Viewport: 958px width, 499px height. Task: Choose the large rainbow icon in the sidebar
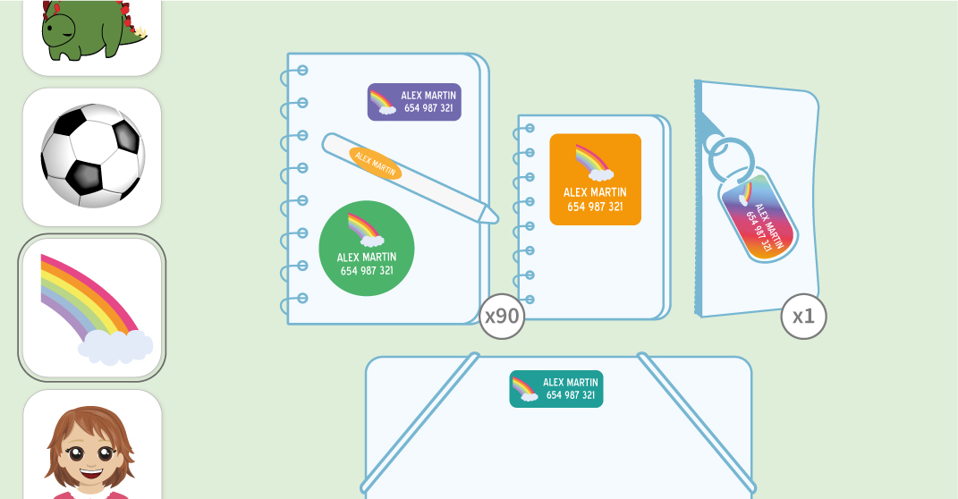pos(92,308)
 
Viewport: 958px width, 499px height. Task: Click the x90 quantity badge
pos(501,317)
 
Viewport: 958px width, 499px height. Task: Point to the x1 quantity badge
pos(803,317)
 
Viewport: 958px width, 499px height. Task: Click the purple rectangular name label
pos(414,102)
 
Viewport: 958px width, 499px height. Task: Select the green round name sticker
pos(367,248)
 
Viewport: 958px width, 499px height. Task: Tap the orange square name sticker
pos(595,179)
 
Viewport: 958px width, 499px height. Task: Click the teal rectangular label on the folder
pos(556,389)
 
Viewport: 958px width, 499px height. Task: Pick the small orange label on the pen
pos(375,163)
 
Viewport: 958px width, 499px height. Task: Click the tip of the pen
pos(491,215)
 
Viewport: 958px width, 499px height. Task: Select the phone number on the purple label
pos(428,108)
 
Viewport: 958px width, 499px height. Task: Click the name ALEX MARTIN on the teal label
pos(571,383)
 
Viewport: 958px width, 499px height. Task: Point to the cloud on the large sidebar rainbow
pos(116,347)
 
